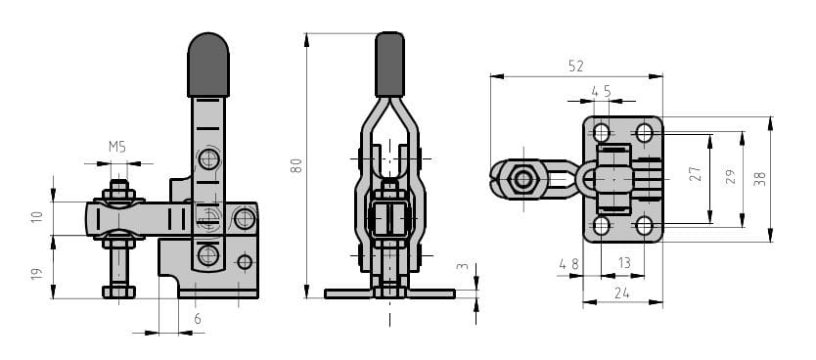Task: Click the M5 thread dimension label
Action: click(117, 147)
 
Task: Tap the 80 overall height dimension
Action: click(296, 165)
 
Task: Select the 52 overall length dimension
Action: click(576, 67)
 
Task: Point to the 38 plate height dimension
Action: click(760, 178)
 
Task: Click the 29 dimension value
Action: click(731, 177)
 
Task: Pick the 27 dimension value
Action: click(696, 174)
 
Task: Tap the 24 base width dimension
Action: click(622, 293)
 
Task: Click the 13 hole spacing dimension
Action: click(624, 264)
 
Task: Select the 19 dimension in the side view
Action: click(36, 274)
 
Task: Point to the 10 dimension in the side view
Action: click(36, 216)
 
